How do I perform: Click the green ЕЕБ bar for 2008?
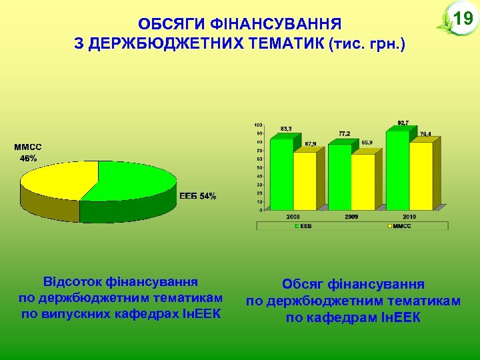281,173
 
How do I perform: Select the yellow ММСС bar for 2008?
305,180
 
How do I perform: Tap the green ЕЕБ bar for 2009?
339,176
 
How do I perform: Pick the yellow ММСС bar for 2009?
363,181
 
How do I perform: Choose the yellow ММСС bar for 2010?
421,175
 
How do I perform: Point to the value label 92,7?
403,123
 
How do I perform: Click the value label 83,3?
285,129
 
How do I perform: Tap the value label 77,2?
343,133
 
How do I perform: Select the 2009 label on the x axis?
351,217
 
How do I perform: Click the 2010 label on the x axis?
409,217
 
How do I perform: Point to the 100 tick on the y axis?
258,125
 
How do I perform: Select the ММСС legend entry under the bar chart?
400,227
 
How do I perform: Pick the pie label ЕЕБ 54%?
198,196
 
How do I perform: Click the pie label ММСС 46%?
28,153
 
